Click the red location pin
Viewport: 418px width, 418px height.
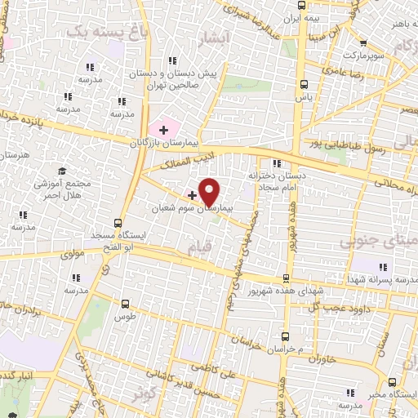209,191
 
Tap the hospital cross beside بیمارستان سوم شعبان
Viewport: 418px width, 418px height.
193,194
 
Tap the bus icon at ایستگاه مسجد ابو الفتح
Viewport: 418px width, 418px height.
119,222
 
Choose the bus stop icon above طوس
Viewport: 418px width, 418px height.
123,301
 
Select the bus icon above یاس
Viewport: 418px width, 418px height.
304,84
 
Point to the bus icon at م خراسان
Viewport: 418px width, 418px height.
285,336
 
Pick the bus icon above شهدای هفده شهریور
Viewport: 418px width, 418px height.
286,278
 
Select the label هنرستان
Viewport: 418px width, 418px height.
16,153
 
